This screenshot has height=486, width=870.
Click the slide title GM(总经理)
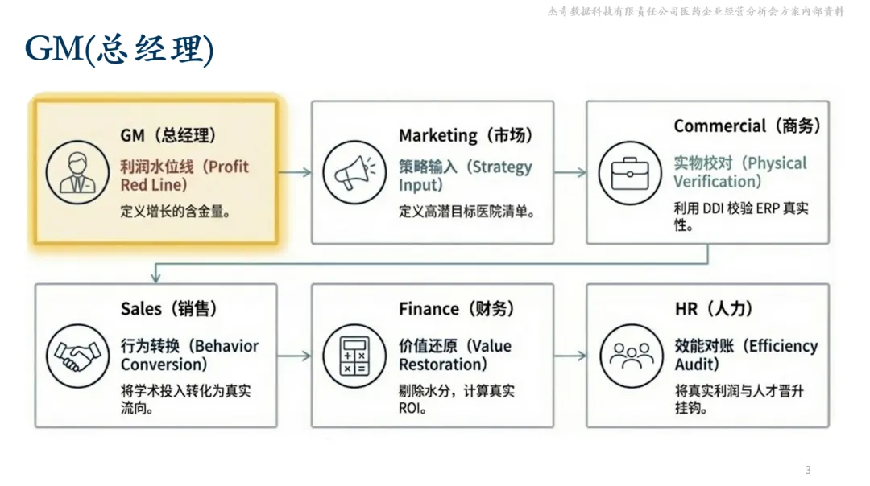(119, 50)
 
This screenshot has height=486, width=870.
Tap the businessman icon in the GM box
(72, 172)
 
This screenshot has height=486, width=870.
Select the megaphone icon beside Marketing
(349, 172)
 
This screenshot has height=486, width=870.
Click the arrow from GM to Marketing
(294, 172)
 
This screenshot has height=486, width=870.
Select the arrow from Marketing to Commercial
(570, 172)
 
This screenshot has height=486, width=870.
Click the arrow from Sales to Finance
(294, 355)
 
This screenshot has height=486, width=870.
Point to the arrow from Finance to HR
(570, 355)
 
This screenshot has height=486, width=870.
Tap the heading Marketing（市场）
(466, 135)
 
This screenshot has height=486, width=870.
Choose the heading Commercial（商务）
(748, 126)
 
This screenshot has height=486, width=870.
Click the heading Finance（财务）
(456, 309)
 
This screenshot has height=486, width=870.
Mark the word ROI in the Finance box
(410, 408)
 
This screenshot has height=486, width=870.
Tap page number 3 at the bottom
(808, 470)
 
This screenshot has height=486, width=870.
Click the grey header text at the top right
(695, 12)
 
